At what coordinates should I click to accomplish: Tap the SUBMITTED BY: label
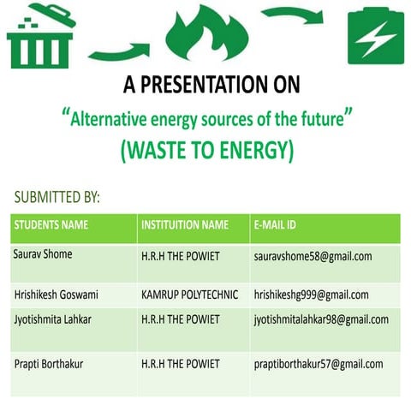pos(57,198)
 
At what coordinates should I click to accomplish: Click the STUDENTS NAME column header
pos(51,226)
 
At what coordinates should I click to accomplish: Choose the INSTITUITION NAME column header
pos(185,226)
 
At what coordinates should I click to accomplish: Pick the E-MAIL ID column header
pos(275,226)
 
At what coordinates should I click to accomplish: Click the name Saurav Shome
pos(44,254)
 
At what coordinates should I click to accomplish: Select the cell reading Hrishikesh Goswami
pos(57,295)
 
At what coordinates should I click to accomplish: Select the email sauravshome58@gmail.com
pos(313,256)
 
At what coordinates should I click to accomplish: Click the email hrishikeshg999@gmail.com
pos(312,295)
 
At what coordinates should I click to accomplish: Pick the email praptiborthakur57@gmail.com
pos(318,365)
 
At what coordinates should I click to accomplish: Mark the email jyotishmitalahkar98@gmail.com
pos(321,319)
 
